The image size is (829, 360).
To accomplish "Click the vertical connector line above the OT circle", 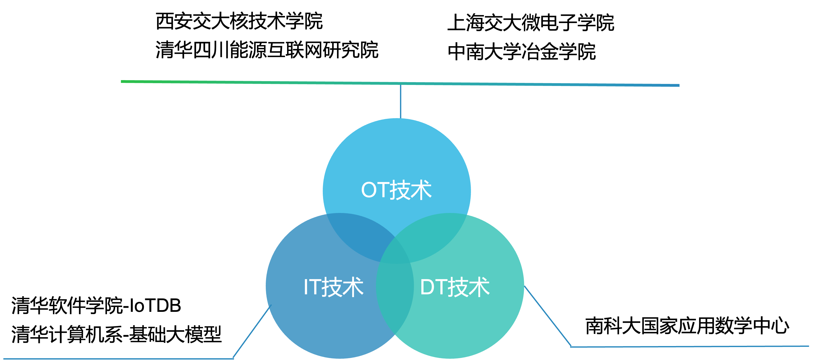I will [400, 101].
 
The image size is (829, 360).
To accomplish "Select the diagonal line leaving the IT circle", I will [251, 332].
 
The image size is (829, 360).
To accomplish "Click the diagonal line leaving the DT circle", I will [547, 316].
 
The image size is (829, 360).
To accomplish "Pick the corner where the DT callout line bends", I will [571, 347].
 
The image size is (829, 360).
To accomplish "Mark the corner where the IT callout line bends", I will [233, 358].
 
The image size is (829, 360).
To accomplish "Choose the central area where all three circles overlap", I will [395, 254].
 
